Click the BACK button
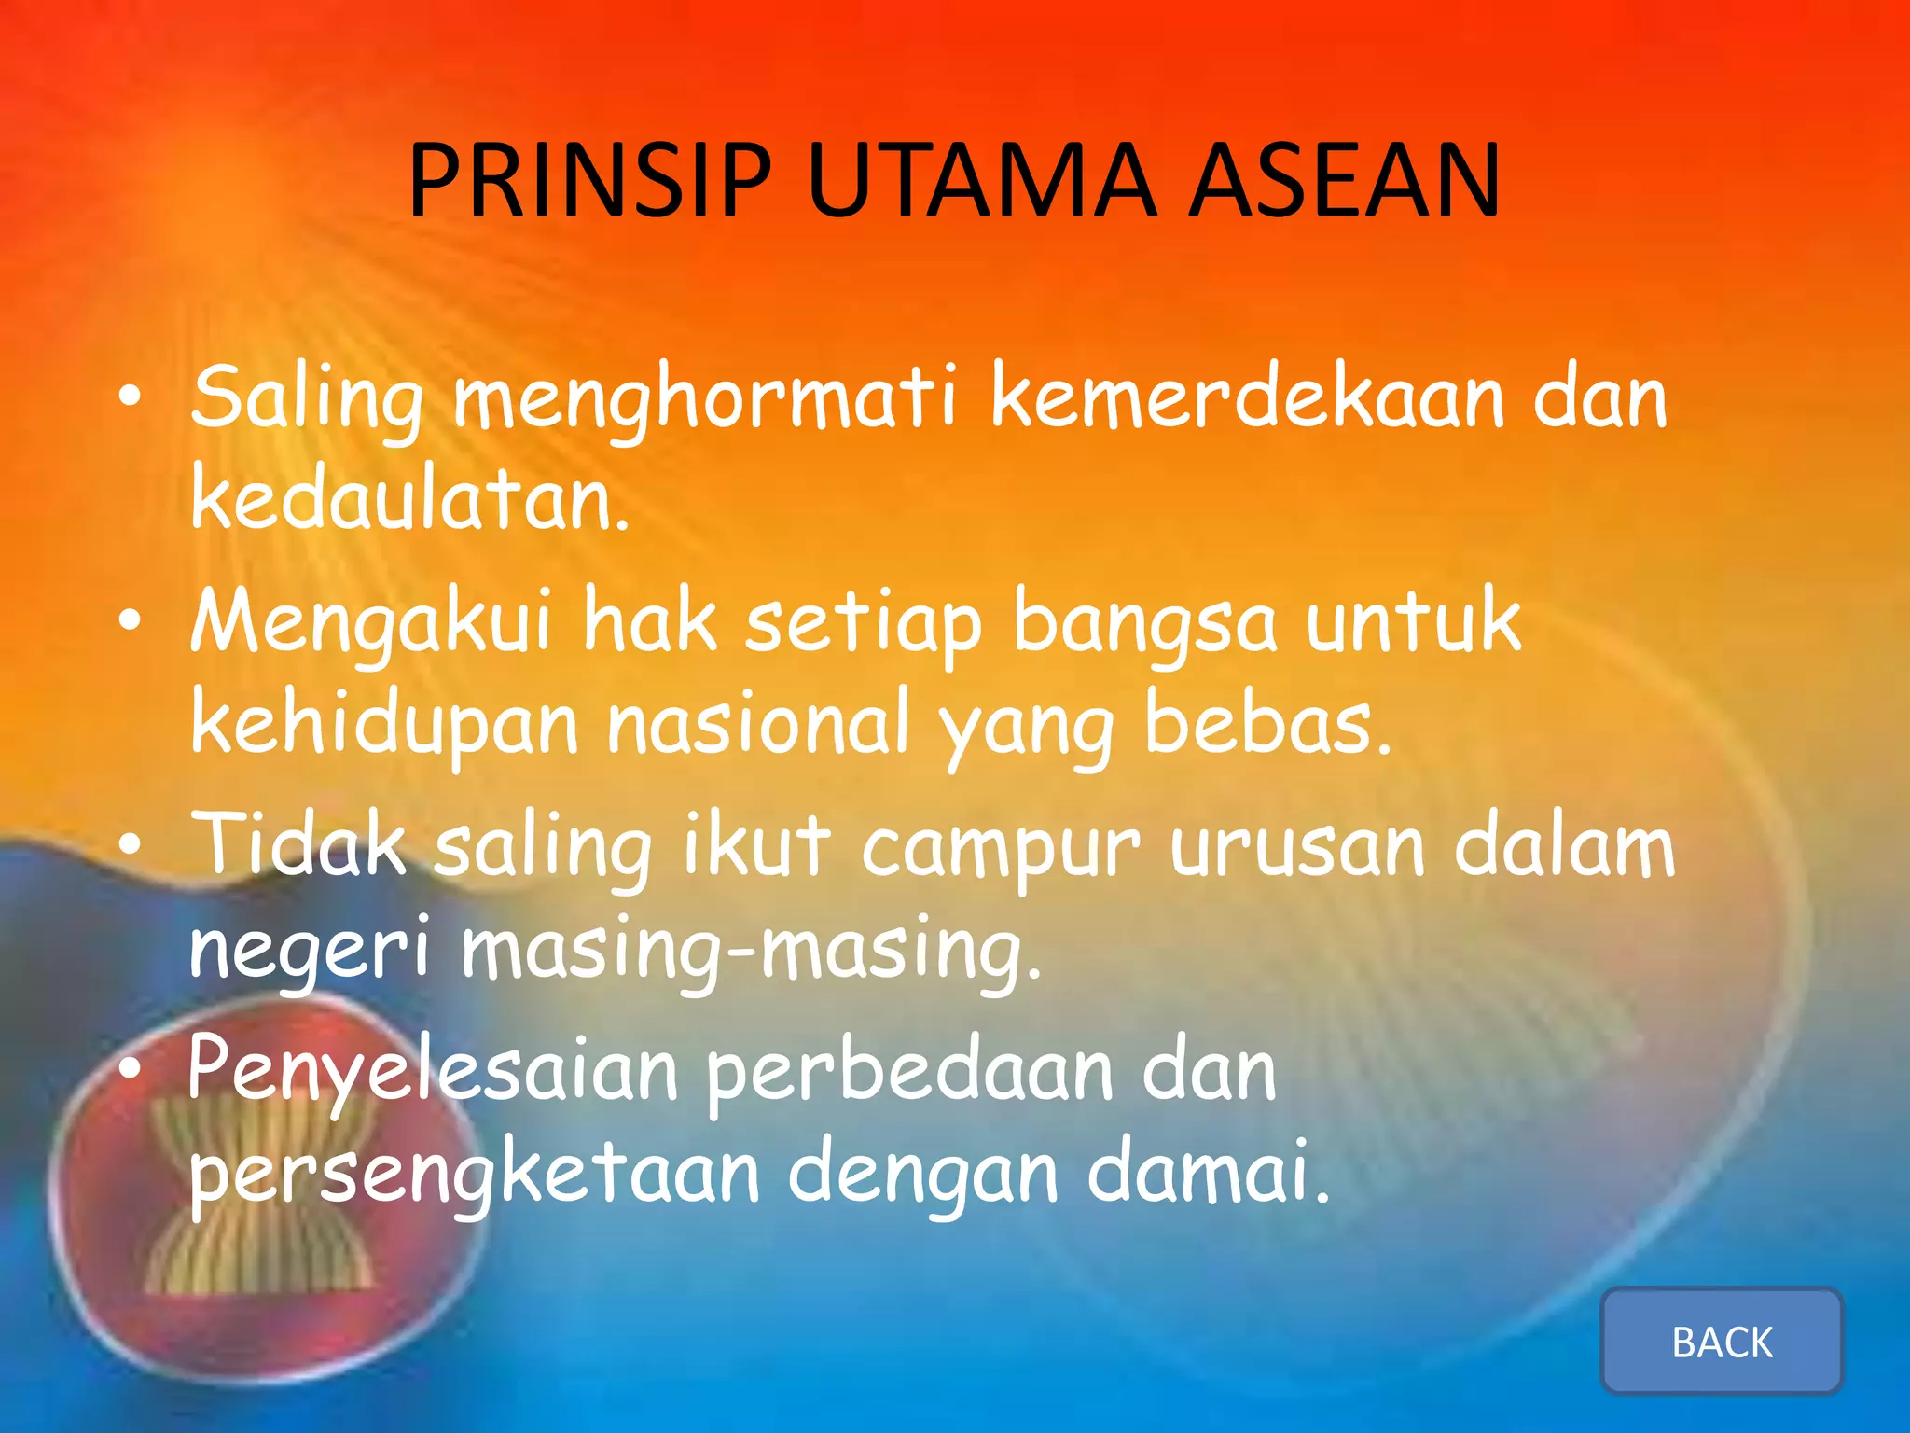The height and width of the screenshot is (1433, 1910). (1722, 1342)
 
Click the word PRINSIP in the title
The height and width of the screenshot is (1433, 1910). (589, 182)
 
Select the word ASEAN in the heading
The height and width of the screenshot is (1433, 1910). (1345, 182)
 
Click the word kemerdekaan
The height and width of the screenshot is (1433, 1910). (1248, 397)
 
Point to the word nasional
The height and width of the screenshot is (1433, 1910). (757, 724)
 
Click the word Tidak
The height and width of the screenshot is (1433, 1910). (298, 845)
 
